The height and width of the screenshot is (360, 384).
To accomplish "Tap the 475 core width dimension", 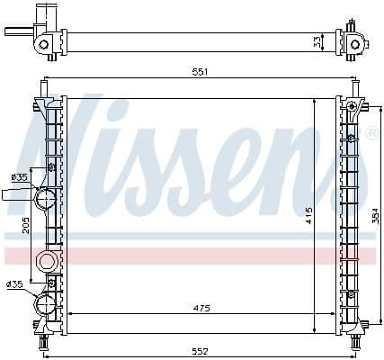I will click(x=201, y=309).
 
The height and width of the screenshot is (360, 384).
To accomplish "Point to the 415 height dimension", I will click(x=308, y=216).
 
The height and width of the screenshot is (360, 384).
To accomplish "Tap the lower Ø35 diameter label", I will click(x=14, y=284).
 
